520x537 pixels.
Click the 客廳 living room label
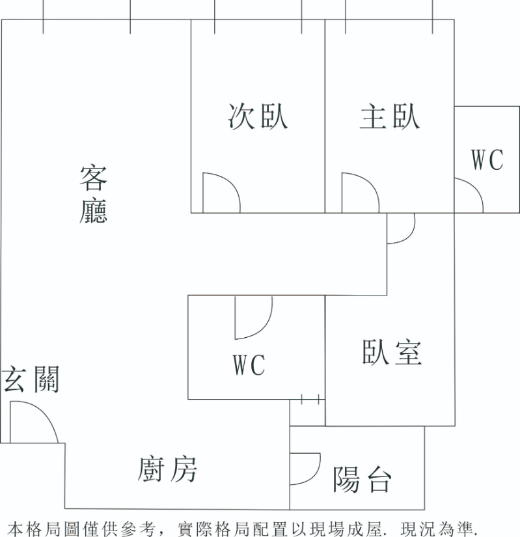coord(93,194)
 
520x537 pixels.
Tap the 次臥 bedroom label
coord(258,117)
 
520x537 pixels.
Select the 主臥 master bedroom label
coord(390,117)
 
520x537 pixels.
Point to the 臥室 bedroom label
coord(392,352)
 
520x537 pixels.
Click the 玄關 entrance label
coord(31,379)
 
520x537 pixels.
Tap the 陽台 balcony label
coord(363,480)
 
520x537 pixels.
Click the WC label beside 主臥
coord(487,159)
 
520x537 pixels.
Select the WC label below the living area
coord(249,365)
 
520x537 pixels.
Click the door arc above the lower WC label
coord(253,318)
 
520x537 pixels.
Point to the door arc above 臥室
coord(400,228)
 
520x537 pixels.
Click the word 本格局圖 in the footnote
coord(40,527)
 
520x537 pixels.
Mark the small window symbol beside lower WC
coord(310,399)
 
